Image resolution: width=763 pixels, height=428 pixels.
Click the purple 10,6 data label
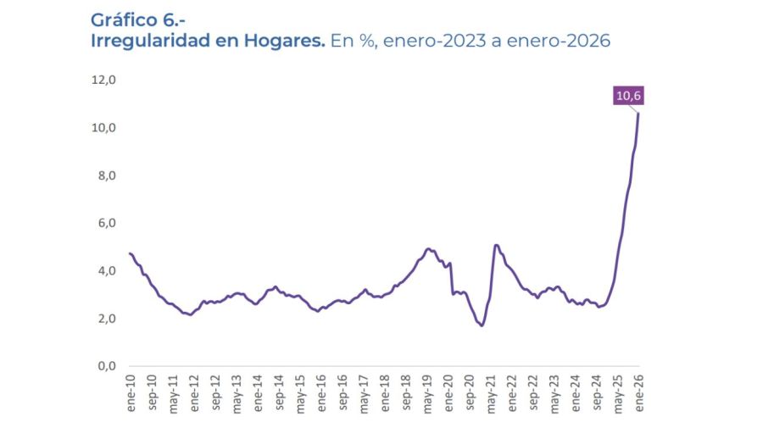coord(628,96)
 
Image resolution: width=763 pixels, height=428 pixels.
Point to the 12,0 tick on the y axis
coord(103,80)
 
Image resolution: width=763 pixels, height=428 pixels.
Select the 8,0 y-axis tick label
coord(103,175)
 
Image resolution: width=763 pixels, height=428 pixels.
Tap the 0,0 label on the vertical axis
coord(103,366)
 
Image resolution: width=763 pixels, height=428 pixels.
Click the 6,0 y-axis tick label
coord(103,223)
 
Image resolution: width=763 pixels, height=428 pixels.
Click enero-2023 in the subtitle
coord(434,41)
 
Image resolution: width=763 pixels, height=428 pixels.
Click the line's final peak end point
coord(638,114)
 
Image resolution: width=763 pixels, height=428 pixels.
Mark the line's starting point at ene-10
coord(130,253)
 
